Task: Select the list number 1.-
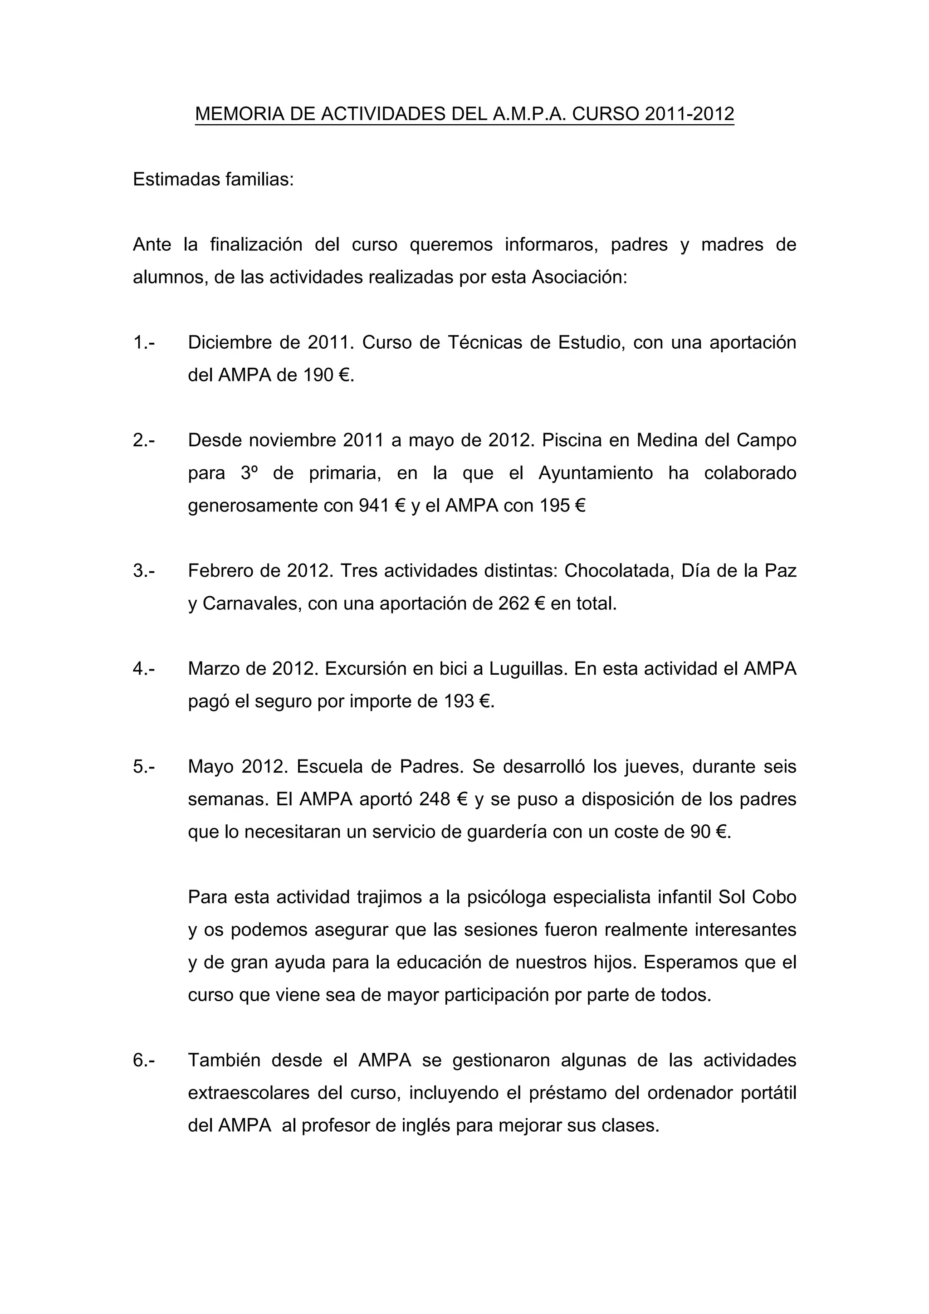144,342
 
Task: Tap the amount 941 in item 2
374,506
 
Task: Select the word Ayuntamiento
595,473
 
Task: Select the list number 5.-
144,766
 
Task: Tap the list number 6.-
144,1060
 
